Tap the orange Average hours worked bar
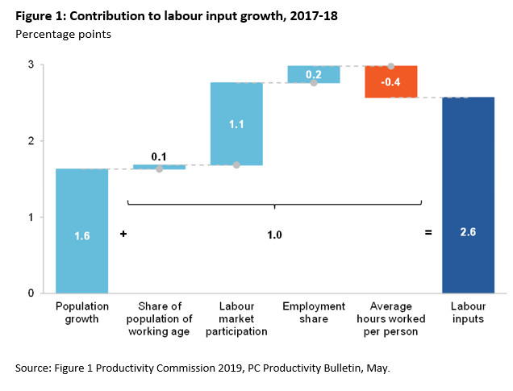(x=391, y=81)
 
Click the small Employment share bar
(x=314, y=74)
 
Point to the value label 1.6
(x=81, y=235)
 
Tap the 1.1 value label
(x=236, y=124)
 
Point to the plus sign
(x=123, y=233)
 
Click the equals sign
(x=428, y=233)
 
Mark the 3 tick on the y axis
(x=31, y=64)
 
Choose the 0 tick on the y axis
(x=31, y=293)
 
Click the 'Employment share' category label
(x=314, y=306)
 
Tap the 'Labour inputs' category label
(x=469, y=312)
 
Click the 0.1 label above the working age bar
(x=159, y=156)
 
